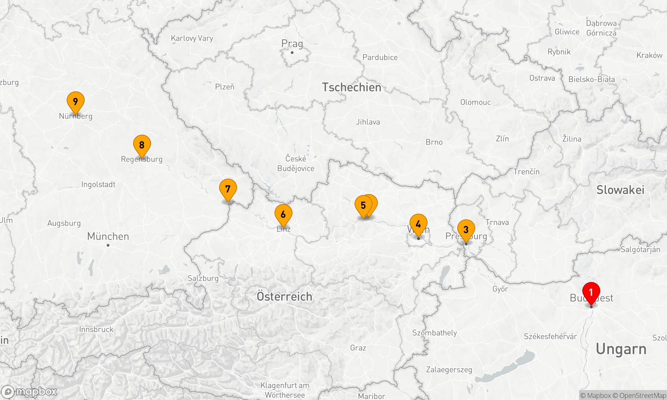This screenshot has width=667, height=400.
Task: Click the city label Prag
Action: pos(292,44)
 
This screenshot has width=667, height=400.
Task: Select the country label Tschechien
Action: pos(352,87)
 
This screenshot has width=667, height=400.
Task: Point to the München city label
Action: pos(108,236)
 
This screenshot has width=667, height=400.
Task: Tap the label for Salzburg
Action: pos(203,278)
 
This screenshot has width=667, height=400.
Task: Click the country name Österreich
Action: pos(284,296)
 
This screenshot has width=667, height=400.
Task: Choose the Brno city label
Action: pos(434,142)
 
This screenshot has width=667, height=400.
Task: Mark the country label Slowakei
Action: pos(620,190)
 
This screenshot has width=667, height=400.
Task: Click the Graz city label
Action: pos(358,348)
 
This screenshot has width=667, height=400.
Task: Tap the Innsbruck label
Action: pos(96,329)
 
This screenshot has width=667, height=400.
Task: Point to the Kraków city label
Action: pos(649,55)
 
